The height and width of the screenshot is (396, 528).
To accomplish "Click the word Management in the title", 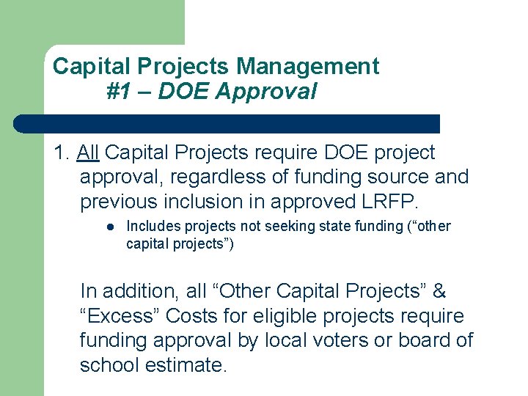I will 307,67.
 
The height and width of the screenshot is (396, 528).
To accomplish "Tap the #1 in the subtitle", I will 117,92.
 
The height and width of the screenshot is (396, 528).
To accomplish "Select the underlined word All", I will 88,153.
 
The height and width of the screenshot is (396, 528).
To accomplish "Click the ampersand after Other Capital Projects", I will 439,291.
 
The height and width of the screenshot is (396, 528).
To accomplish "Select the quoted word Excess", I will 120,316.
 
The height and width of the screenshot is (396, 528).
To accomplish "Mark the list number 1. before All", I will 62,153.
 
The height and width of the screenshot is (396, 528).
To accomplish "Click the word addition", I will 144,291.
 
